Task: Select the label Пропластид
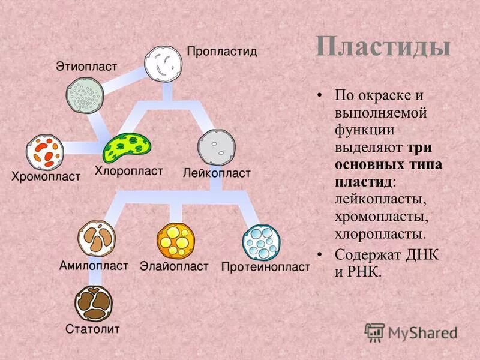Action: tap(222, 52)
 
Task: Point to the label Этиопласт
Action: tap(86, 65)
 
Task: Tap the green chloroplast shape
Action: tap(127, 148)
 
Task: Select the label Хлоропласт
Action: tap(128, 171)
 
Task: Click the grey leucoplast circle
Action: tap(216, 147)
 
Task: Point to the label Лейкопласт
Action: tap(217, 173)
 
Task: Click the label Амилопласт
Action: tap(94, 265)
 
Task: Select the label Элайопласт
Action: tap(174, 266)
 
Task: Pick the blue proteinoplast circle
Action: tap(261, 241)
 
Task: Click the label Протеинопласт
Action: tap(265, 266)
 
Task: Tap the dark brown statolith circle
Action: tap(94, 304)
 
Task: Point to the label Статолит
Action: tap(93, 329)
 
